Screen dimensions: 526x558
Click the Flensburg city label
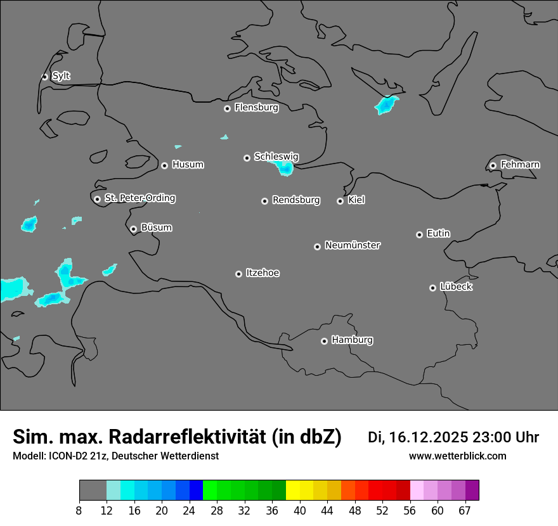[x=256, y=108]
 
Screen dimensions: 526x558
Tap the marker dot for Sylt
[x=45, y=77]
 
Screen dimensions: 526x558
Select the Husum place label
[x=188, y=165]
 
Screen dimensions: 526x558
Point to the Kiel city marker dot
[x=340, y=201]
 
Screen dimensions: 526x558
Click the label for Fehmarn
[x=520, y=165]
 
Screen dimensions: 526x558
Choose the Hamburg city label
[x=352, y=340]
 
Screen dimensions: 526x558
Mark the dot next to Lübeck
[x=432, y=288]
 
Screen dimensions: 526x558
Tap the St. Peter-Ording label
[x=139, y=198]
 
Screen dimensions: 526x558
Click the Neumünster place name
[x=353, y=245]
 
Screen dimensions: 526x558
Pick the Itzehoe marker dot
[x=238, y=274]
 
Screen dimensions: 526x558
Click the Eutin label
[x=438, y=234]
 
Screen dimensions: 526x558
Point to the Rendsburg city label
[x=296, y=200]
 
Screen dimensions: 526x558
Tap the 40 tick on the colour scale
[x=300, y=511]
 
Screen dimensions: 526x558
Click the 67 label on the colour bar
[x=465, y=511]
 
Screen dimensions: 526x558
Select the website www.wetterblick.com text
[x=457, y=456]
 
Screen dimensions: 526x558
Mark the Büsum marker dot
[x=133, y=229]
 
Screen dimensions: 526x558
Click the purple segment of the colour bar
[x=472, y=491]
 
